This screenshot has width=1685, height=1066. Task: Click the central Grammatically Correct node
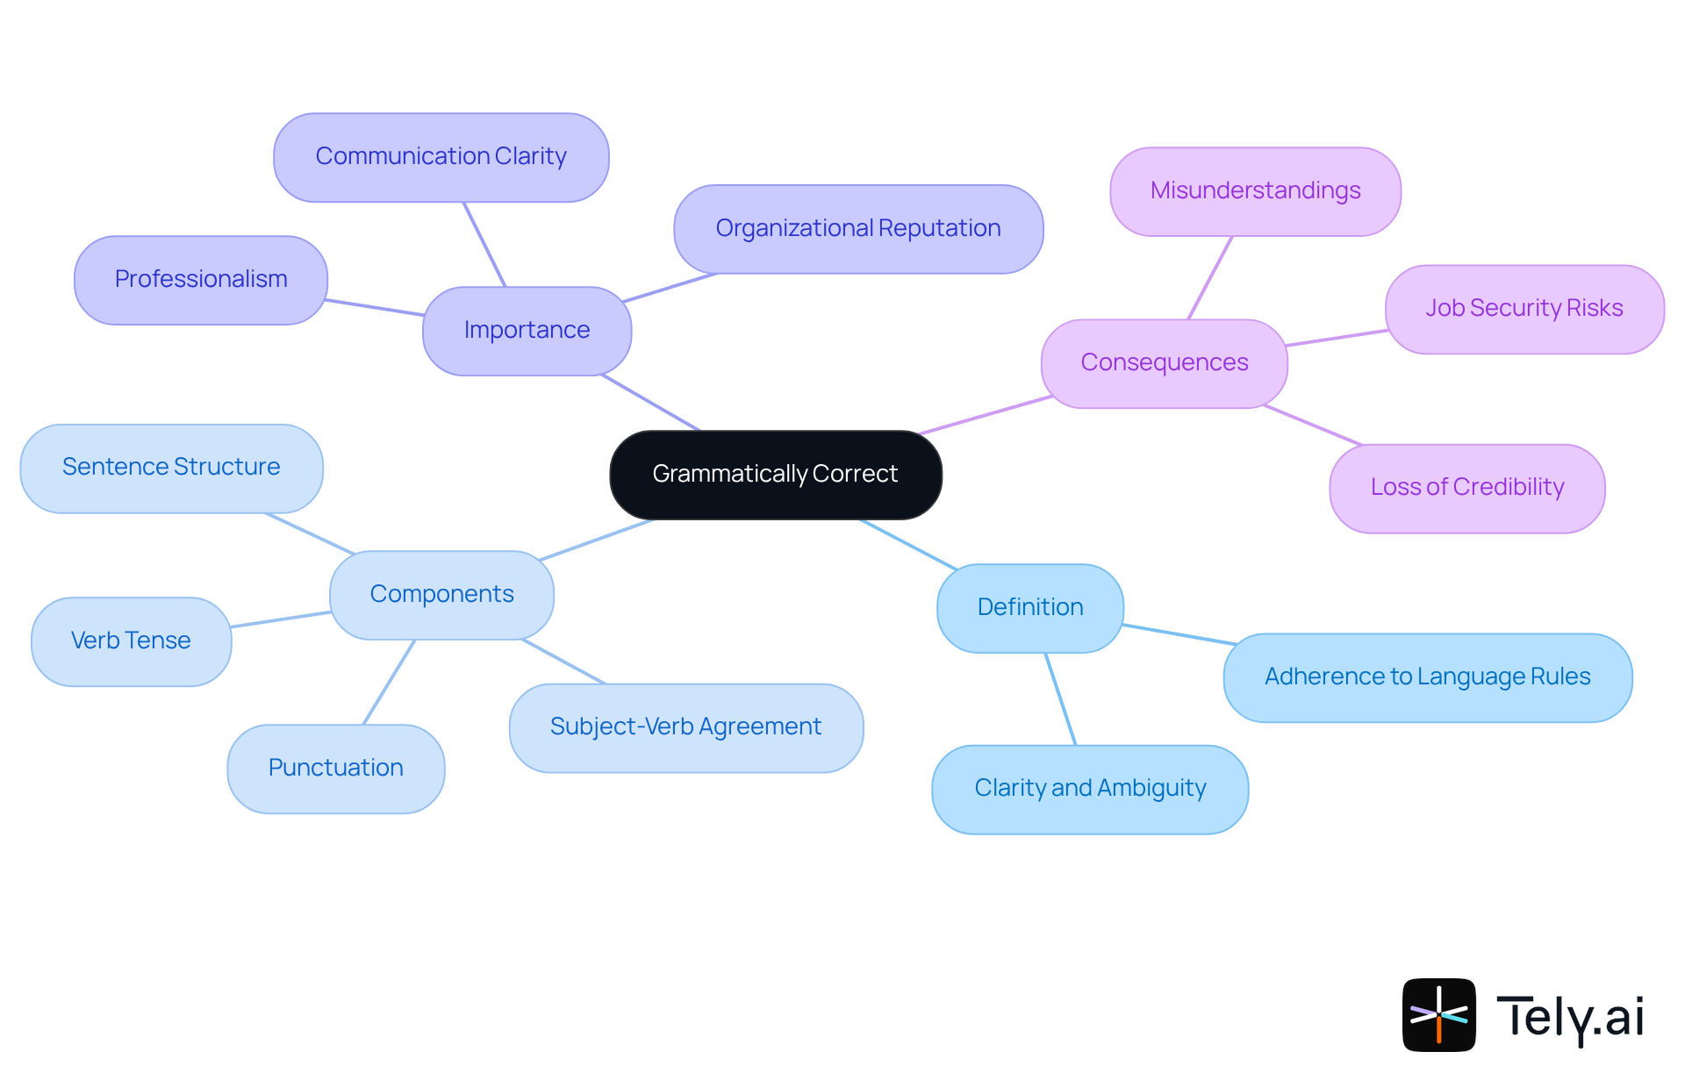[776, 475]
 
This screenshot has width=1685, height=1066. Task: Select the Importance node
[527, 331]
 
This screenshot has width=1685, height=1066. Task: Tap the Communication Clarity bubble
[441, 157]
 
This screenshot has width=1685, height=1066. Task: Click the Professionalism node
[201, 280]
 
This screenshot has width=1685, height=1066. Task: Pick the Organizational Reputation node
[858, 229]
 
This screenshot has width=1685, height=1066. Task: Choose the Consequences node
[1164, 363]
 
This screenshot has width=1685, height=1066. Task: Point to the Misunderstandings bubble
[1255, 191]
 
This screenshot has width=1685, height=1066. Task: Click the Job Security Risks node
[1524, 309]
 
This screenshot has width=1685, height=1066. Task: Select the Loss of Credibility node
[1466, 488]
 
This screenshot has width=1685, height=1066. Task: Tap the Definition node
[1030, 608]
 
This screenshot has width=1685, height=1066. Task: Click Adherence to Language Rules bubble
[1427, 677]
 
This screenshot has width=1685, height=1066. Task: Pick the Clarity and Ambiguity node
[1090, 789]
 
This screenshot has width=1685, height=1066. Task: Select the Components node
[441, 595]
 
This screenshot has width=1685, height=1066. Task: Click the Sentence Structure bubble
[171, 468]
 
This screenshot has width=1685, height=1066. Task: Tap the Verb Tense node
[131, 641]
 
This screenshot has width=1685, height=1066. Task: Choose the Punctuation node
[335, 769]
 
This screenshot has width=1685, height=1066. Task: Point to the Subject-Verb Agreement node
[685, 727]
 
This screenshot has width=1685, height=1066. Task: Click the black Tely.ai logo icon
[1438, 1014]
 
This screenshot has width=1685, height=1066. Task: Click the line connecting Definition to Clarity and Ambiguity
[1060, 698]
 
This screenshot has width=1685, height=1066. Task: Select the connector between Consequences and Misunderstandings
[1210, 277]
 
